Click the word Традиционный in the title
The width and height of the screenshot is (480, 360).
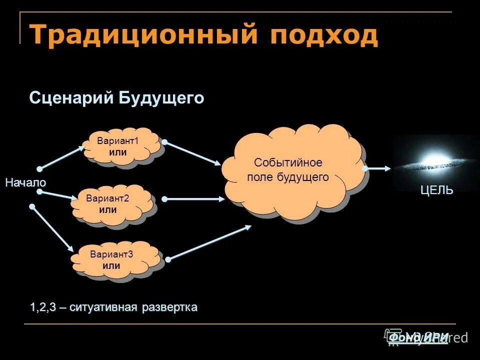pyautogui.click(x=141, y=35)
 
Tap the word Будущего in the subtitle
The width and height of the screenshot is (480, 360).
pyautogui.click(x=161, y=98)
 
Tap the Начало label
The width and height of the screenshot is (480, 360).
pyautogui.click(x=25, y=183)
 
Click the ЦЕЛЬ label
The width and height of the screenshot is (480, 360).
pyautogui.click(x=436, y=190)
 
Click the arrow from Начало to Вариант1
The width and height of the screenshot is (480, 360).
pyautogui.click(x=63, y=156)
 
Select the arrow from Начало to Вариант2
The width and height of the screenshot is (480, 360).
pyautogui.click(x=56, y=194)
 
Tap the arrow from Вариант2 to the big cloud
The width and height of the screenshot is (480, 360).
pyautogui.click(x=194, y=198)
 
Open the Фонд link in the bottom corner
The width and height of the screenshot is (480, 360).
pyautogui.click(x=404, y=338)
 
